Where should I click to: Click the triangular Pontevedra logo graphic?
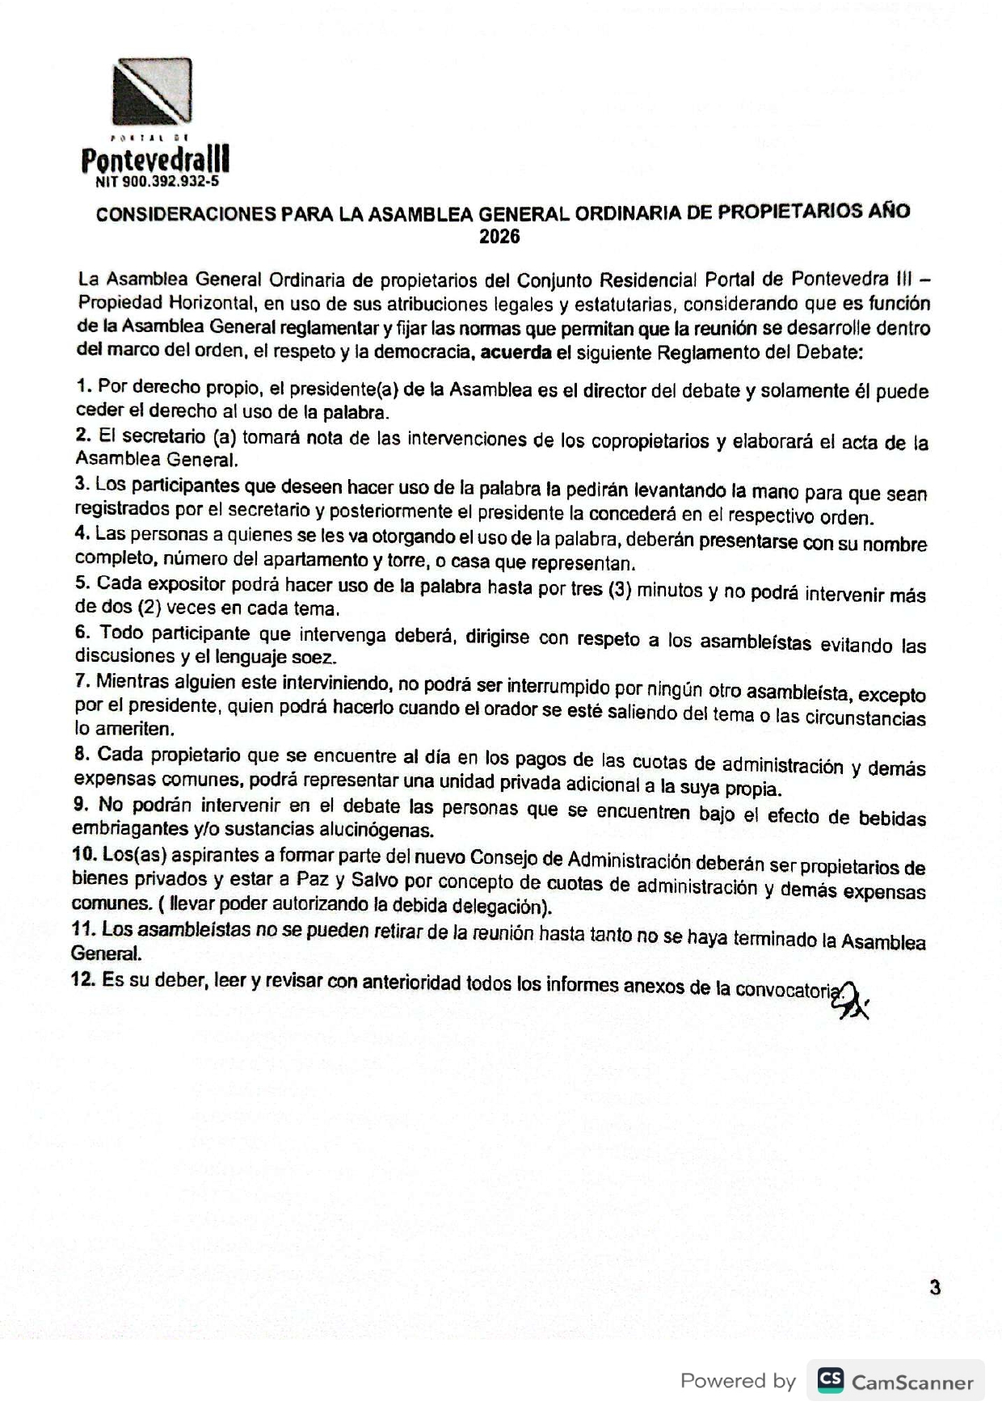(x=153, y=90)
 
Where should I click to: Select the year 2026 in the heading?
(x=499, y=237)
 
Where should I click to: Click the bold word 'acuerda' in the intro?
(x=514, y=352)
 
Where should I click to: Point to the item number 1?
(x=82, y=386)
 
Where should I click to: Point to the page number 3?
(x=935, y=1288)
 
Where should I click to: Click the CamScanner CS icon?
(x=830, y=1380)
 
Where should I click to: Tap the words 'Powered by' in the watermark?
(x=738, y=1381)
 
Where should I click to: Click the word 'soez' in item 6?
(x=315, y=659)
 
